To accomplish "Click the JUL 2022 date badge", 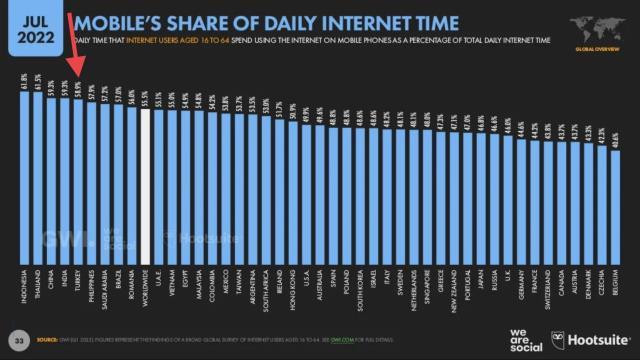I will tap(32, 27).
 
